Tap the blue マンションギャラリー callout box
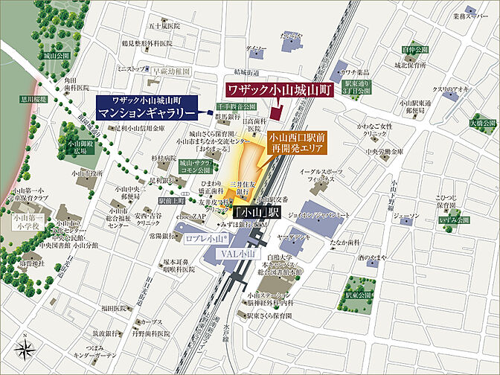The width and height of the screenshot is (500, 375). [x=147, y=108]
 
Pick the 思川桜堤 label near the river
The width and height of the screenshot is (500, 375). [x=33, y=98]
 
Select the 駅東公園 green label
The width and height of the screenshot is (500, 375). [x=358, y=295]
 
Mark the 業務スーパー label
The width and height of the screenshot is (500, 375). [x=467, y=15]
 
